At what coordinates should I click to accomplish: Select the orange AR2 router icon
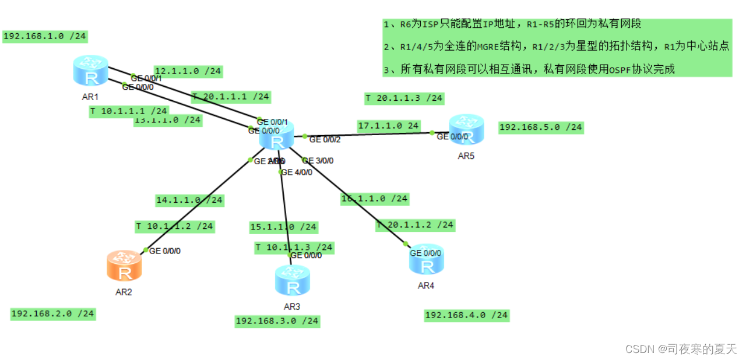(124, 266)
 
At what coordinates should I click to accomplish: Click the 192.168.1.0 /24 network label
(45, 36)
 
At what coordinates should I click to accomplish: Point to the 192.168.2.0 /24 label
(52, 313)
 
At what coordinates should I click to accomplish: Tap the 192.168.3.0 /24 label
(277, 320)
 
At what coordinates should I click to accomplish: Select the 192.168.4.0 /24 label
(467, 315)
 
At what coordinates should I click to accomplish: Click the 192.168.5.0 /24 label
(541, 128)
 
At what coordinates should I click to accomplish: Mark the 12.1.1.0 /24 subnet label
(188, 71)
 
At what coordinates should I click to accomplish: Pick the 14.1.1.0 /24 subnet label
(189, 200)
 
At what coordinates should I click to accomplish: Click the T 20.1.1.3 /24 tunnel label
(404, 98)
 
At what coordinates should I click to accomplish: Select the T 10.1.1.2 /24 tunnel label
(175, 226)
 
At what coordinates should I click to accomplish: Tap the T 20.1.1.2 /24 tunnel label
(415, 224)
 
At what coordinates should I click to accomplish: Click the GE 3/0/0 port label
(319, 161)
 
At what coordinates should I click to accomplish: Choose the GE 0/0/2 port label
(325, 140)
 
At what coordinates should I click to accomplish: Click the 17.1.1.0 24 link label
(389, 125)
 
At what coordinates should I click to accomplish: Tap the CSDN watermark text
(681, 348)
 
